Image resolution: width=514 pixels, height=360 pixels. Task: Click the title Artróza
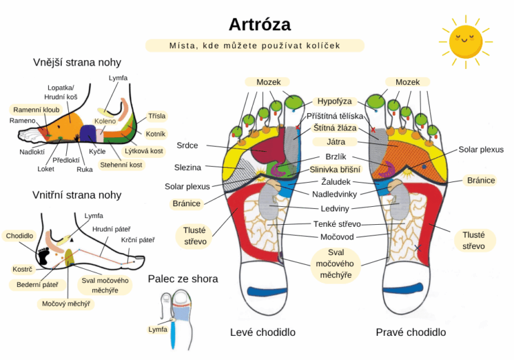pyautogui.click(x=260, y=25)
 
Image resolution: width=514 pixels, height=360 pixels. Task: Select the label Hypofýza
pyautogui.click(x=334, y=101)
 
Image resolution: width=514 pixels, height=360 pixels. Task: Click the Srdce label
pyautogui.click(x=187, y=145)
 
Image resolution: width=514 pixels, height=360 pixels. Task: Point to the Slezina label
pyautogui.click(x=187, y=167)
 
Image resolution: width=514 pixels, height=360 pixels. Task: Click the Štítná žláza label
pyautogui.click(x=335, y=128)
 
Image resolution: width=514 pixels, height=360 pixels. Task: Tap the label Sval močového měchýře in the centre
pyautogui.click(x=336, y=262)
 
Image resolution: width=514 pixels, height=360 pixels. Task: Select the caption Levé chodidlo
pyautogui.click(x=262, y=332)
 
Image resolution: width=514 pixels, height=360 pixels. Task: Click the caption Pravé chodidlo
pyautogui.click(x=411, y=332)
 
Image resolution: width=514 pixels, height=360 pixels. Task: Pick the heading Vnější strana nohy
pyautogui.click(x=77, y=62)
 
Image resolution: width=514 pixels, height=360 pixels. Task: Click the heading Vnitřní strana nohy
pyautogui.click(x=77, y=195)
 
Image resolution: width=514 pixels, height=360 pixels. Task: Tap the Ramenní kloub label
pyautogui.click(x=36, y=109)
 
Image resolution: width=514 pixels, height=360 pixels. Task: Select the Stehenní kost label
pyautogui.click(x=121, y=164)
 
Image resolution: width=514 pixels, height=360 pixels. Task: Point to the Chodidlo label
pyautogui.click(x=19, y=236)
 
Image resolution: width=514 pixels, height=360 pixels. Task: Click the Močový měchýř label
pyautogui.click(x=68, y=303)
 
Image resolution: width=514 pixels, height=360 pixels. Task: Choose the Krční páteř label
pyautogui.click(x=138, y=240)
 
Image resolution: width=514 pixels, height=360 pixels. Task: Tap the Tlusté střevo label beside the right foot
pyautogui.click(x=478, y=240)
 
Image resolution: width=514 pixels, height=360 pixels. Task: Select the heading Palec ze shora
pyautogui.click(x=183, y=278)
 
